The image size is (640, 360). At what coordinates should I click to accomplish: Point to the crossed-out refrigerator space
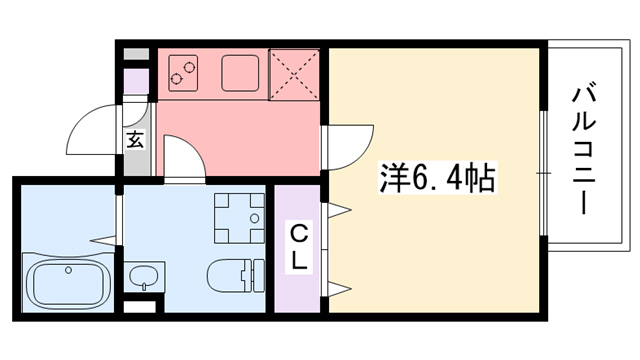click(x=296, y=73)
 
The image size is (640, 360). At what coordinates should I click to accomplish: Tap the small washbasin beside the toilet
click(x=144, y=274)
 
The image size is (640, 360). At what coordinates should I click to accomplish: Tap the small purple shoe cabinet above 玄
click(x=135, y=84)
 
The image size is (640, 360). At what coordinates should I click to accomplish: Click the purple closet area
click(x=298, y=247)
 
